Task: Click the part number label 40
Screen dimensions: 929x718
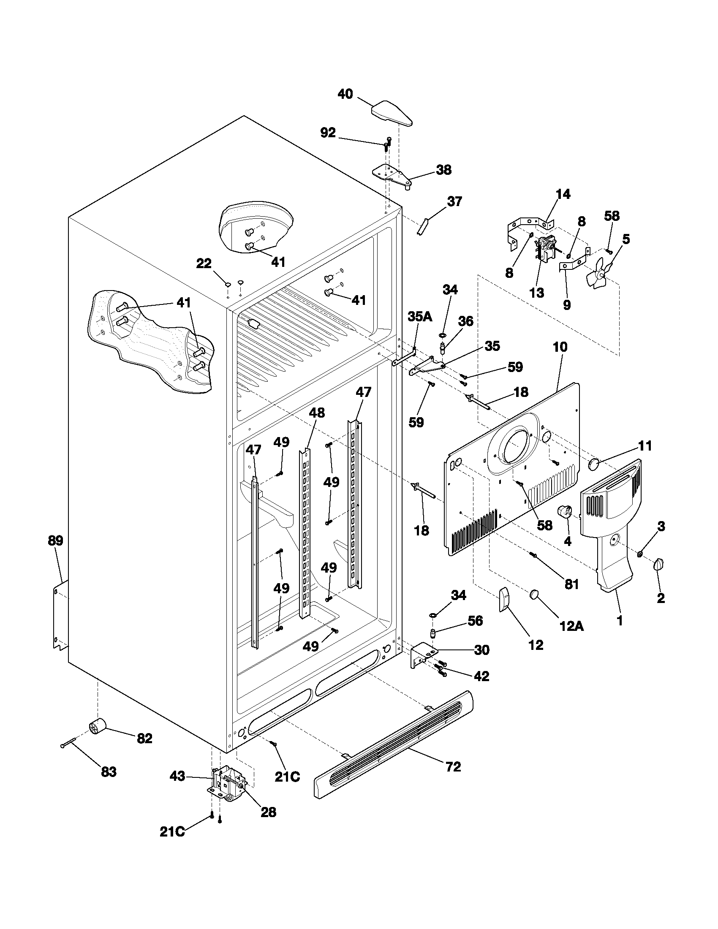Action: (x=345, y=94)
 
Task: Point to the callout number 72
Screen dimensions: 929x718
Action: (x=453, y=767)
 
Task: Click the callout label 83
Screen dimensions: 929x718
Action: (x=109, y=772)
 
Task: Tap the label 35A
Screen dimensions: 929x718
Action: (x=420, y=316)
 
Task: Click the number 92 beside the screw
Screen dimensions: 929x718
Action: (x=327, y=133)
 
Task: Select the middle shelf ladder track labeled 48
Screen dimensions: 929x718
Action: (x=305, y=532)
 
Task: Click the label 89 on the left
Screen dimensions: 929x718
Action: (x=55, y=541)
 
